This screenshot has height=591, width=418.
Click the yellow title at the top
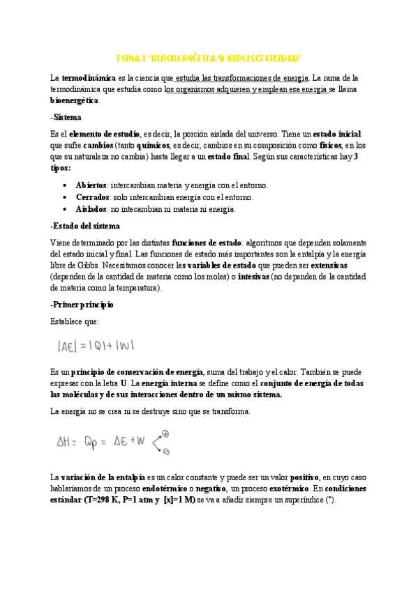coord(208,56)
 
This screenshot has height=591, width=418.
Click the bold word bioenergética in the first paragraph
coord(75,100)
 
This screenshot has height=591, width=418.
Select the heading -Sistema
coord(66,117)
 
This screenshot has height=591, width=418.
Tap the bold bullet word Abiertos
coord(91,185)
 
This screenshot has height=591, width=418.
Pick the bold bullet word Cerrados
coord(91,197)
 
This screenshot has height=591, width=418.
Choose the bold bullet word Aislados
coord(91,208)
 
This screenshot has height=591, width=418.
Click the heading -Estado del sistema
coord(85,226)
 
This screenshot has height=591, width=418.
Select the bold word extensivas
coord(329,266)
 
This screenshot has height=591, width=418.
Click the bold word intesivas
coord(248,277)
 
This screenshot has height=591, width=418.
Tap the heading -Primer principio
coord(82,305)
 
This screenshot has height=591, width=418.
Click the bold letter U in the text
coord(124,383)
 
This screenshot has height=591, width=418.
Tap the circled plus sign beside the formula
coord(165,433)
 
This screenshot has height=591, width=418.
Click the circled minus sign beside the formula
coord(166,452)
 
